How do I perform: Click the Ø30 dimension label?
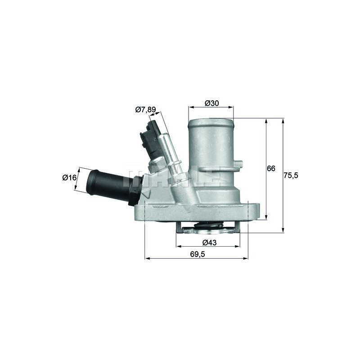211,103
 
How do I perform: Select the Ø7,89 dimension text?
145,109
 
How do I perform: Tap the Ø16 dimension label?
69,177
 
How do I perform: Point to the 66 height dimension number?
271,168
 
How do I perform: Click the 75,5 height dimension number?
291,175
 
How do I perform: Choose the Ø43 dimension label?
209,242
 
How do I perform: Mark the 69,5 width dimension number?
198,254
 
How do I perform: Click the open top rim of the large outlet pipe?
211,122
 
